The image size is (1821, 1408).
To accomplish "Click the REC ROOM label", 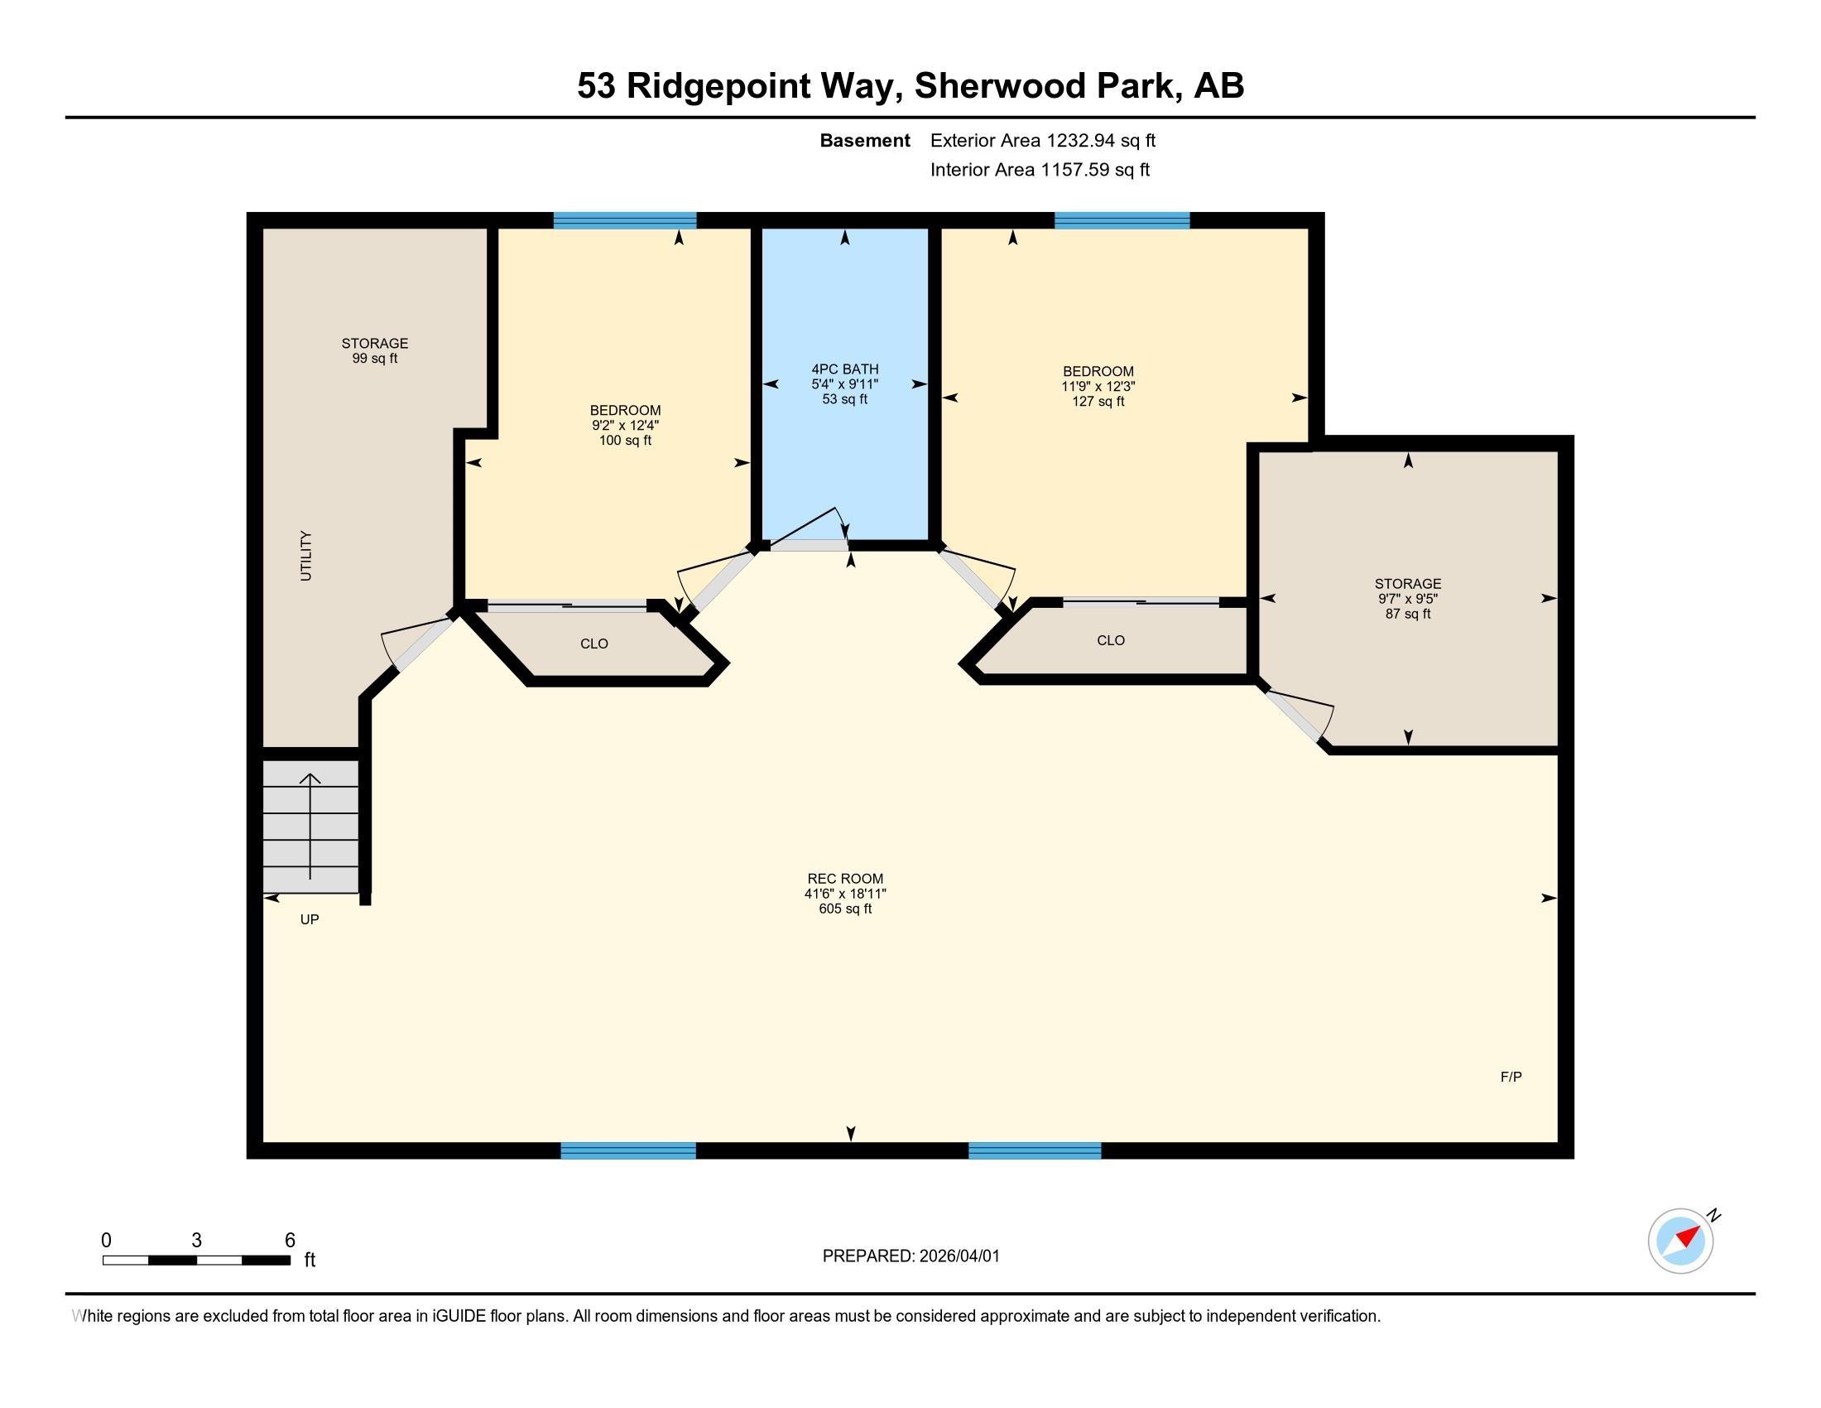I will point(844,893).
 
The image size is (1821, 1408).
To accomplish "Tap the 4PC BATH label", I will point(844,383).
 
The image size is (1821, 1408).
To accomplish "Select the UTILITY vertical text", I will point(306,556).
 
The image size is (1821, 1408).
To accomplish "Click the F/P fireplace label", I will point(1511,1077).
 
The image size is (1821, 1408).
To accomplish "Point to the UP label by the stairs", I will point(310,919).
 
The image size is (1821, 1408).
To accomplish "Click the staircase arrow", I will point(310,826).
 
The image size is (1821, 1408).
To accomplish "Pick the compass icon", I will point(1681,1241).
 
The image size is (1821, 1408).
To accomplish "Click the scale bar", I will point(196,1260).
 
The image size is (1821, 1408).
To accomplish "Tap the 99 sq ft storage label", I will point(374,350).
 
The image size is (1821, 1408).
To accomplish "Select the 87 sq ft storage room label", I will point(1407,598).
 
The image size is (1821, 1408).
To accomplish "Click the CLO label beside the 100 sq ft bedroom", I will point(593,644).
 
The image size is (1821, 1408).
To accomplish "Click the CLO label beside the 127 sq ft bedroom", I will point(1111,640).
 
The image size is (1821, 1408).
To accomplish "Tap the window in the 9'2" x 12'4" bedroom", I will point(624,220).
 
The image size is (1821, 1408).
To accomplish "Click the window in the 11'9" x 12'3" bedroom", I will point(1122,220).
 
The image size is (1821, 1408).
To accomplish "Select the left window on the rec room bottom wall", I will point(628,1151).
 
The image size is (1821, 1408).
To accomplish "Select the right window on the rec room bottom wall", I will point(1035,1151).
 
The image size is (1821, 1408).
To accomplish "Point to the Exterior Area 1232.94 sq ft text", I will point(1042,140).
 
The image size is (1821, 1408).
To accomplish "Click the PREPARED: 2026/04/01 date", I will point(910,1256).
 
